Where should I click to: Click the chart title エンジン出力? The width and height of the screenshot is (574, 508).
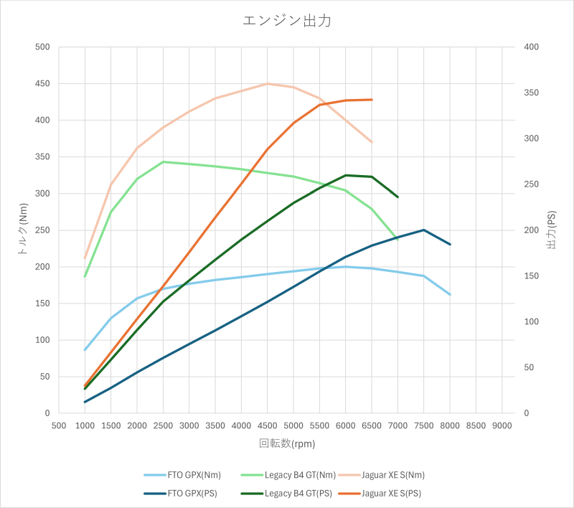(287, 21)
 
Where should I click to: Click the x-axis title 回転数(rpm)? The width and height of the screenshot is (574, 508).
(287, 443)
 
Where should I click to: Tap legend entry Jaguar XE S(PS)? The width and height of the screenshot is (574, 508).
(391, 494)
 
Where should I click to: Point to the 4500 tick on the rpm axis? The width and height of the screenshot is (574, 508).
(267, 425)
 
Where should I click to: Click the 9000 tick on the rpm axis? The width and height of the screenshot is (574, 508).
(502, 425)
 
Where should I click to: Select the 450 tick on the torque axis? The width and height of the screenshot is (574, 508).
(42, 84)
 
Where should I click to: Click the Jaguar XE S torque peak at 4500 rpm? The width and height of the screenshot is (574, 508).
(267, 84)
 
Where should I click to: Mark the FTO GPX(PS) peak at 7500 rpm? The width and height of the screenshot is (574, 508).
(424, 230)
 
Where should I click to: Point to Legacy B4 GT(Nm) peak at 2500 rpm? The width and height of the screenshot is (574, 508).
(163, 162)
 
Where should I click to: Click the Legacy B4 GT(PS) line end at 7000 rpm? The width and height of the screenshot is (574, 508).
(397, 197)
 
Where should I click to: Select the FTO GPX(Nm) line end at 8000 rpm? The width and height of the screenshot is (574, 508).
(450, 294)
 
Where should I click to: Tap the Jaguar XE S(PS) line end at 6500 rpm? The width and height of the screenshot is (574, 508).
(372, 100)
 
